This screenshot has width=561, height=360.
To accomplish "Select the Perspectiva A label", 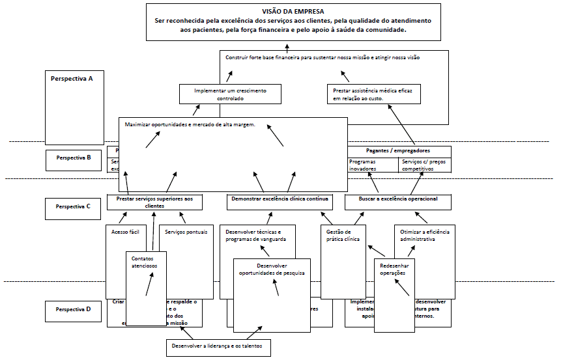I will coord(72,78).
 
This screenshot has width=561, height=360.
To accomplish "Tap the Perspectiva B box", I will coord(73,158).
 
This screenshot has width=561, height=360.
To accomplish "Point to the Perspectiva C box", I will coord(73,207).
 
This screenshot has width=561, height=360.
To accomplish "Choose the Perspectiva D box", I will coord(73,310).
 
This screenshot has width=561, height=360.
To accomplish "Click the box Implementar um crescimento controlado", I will coord(230,94).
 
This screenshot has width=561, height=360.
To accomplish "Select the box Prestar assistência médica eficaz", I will coord(373,94).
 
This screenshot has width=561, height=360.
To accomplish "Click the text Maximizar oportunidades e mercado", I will coord(190,124).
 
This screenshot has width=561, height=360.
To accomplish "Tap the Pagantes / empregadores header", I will coord(398,150).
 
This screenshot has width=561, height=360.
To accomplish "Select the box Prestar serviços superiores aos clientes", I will coord(154,202).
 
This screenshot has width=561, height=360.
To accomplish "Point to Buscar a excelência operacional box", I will coord(398,199).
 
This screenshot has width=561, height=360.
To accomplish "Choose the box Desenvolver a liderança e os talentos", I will coord(218,346).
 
